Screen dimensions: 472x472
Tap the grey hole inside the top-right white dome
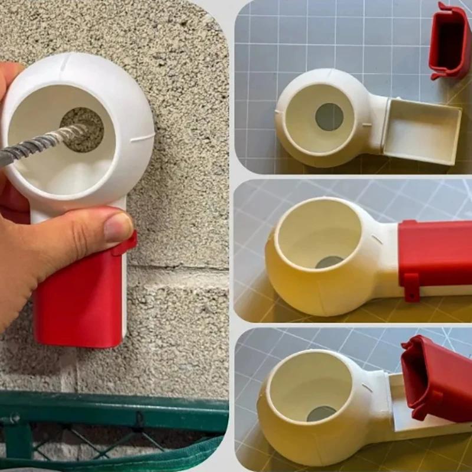(x=329, y=117)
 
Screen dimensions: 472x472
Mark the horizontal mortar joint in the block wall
(x=177, y=269)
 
